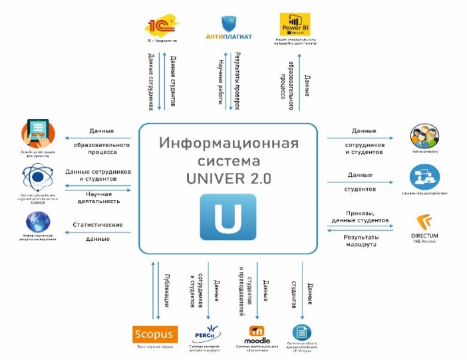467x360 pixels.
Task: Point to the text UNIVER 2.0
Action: click(x=228, y=178)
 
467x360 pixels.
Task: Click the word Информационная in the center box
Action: click(x=228, y=144)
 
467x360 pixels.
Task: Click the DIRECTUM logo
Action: click(x=425, y=225)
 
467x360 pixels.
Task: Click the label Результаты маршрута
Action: click(x=360, y=242)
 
